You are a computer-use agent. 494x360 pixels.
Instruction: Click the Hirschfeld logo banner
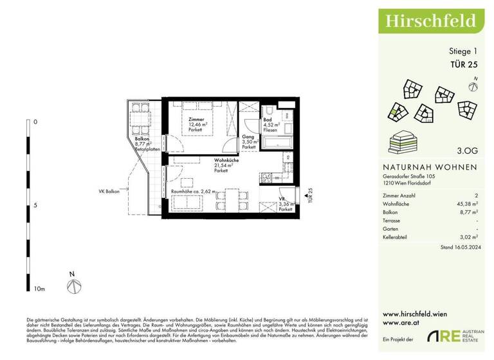[x=430, y=21]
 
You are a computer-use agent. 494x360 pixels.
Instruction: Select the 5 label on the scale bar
[x=35, y=205]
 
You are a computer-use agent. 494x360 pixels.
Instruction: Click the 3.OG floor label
[x=467, y=152]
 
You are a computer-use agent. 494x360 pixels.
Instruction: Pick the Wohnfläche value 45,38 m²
[x=466, y=203]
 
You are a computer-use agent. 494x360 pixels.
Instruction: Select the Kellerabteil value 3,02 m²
[x=468, y=237]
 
